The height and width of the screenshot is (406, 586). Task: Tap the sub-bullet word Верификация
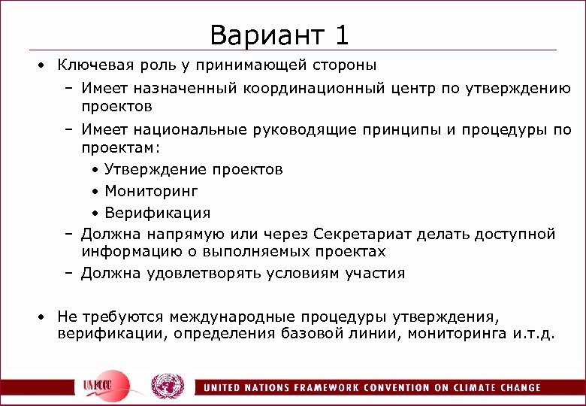158,213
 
